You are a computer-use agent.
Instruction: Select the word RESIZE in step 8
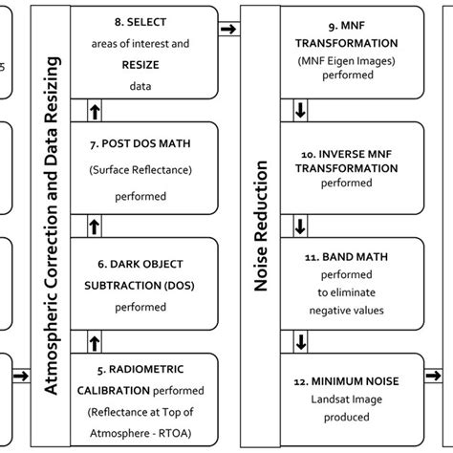point(140,63)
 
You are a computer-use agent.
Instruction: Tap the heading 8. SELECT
point(140,23)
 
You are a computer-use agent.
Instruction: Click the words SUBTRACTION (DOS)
point(140,286)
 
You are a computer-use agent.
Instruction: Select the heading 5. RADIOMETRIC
point(140,369)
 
